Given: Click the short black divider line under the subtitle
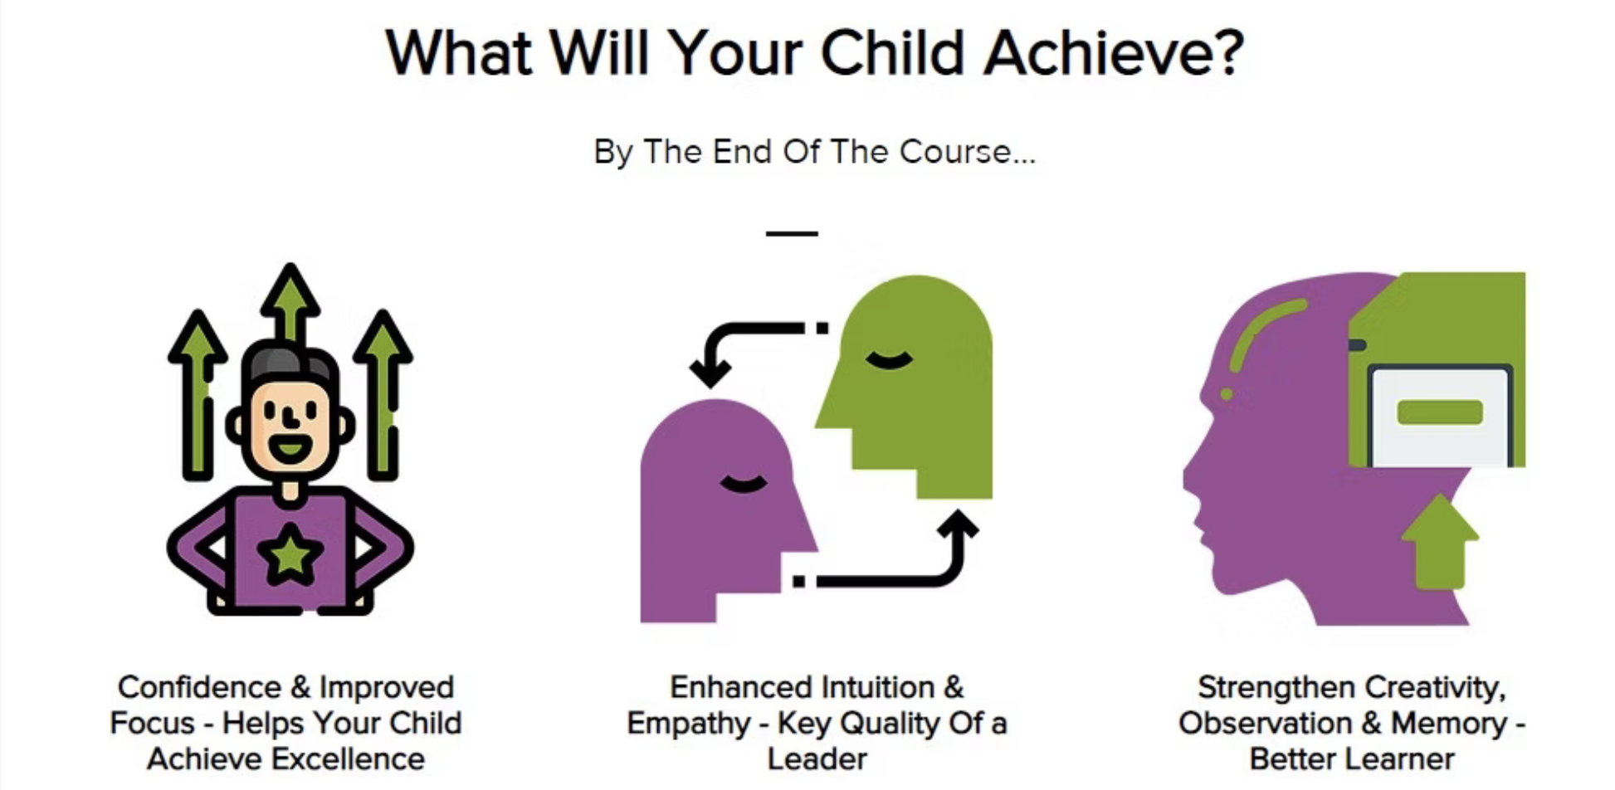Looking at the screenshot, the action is pos(792,234).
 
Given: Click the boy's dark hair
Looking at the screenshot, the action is pos(289,362).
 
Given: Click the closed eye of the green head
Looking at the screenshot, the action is pos(889,360).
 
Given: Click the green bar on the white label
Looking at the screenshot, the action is pos(1440,412).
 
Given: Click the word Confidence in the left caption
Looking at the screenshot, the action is pos(199,688).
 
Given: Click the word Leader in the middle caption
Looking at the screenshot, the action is pos(817,759).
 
